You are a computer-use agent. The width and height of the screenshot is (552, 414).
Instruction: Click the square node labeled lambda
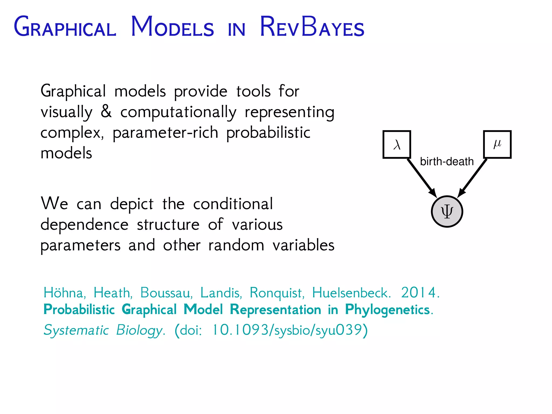pyautogui.click(x=397, y=144)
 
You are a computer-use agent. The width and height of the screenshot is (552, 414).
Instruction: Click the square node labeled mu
pyautogui.click(x=497, y=144)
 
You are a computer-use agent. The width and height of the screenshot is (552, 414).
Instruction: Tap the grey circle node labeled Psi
pyautogui.click(x=447, y=212)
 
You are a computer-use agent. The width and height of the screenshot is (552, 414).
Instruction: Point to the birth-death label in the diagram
pyautogui.click(x=447, y=162)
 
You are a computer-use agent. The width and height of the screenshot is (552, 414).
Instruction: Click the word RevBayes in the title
pyautogui.click(x=312, y=27)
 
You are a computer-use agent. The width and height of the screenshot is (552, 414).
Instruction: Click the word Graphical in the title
pyautogui.click(x=65, y=27)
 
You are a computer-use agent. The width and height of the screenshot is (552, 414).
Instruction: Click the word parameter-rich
pyautogui.click(x=165, y=133)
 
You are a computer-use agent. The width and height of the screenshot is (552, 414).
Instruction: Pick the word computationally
pyautogui.click(x=178, y=112)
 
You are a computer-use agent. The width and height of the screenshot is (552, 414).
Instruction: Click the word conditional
pyautogui.click(x=233, y=204)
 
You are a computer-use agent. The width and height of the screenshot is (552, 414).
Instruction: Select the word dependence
pyautogui.click(x=84, y=224)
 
